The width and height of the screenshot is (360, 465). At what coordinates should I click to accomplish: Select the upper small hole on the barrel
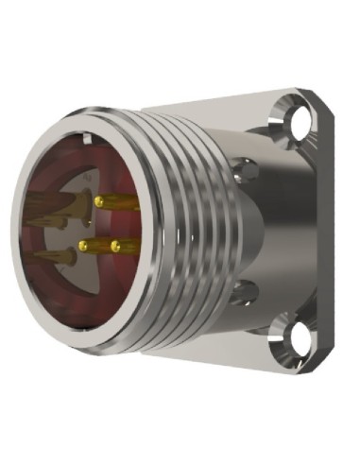pos(248,170)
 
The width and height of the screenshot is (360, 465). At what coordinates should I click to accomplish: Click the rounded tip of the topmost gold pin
pos(99,201)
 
